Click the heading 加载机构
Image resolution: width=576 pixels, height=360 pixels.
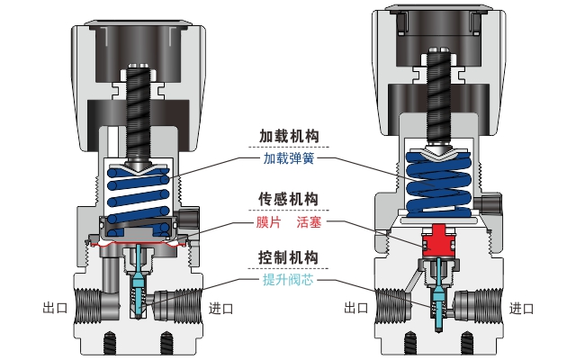(289, 137)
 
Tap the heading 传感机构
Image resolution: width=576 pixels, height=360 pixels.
(289, 198)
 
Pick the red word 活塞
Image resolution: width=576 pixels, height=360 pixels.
(310, 220)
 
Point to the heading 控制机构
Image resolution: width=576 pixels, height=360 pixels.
(289, 257)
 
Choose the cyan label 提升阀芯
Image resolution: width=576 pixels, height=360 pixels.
(288, 280)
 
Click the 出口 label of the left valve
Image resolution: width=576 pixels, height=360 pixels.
(55, 308)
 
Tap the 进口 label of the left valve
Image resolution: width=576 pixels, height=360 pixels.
(221, 308)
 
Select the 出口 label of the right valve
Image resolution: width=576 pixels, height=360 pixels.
(356, 308)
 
